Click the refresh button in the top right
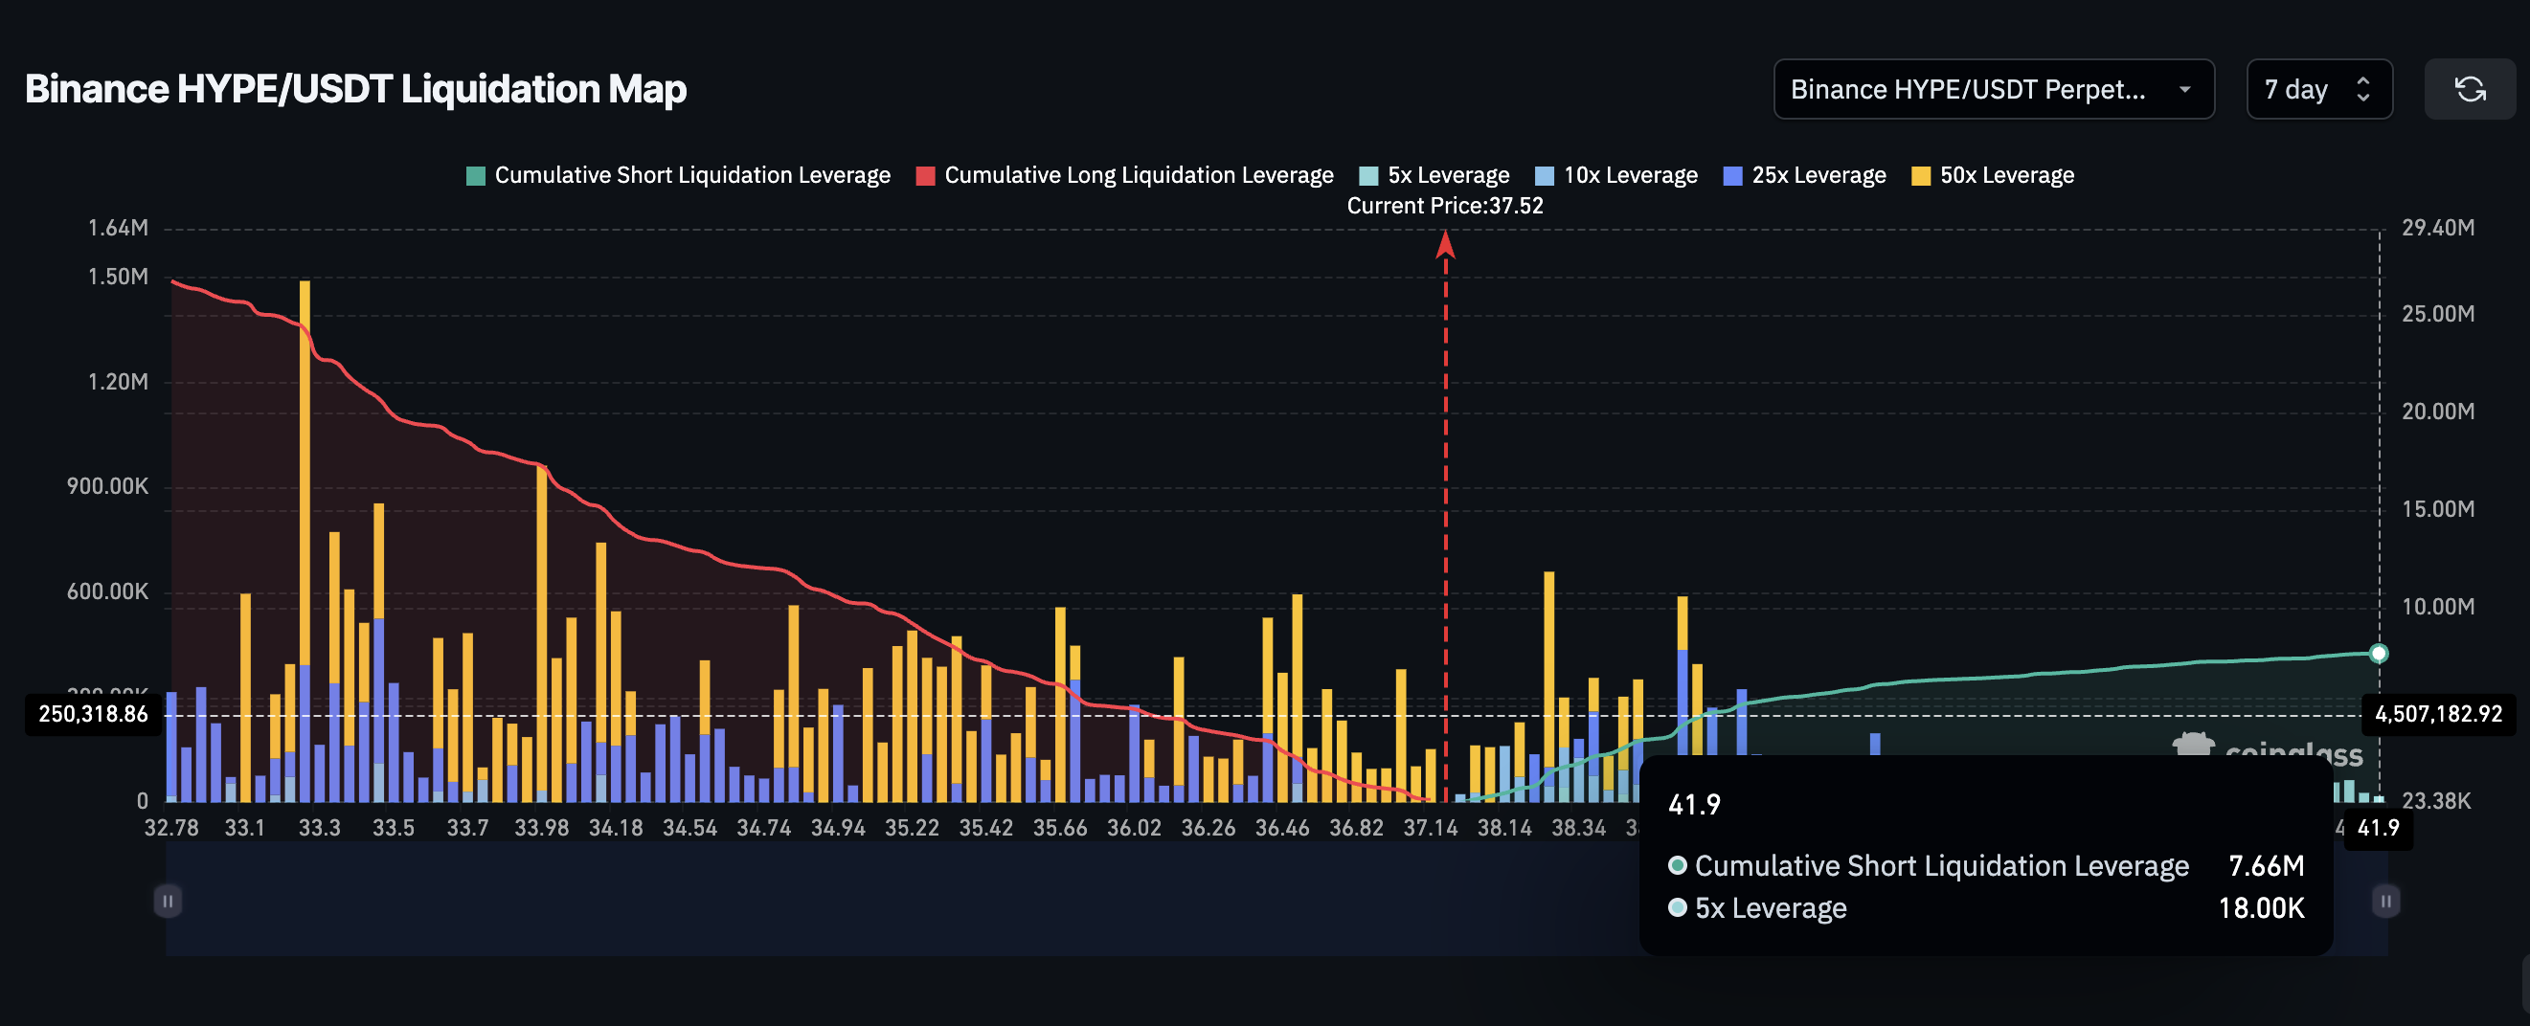click(x=2469, y=89)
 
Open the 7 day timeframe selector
click(x=2317, y=89)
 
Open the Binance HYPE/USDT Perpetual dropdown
click(x=1992, y=89)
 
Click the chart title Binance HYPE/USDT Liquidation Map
click(x=355, y=89)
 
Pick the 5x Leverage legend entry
click(x=1434, y=176)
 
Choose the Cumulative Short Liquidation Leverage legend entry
click(x=679, y=176)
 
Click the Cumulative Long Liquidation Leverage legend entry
click(x=1125, y=176)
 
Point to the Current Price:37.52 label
click(x=1445, y=206)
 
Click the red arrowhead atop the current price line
click(x=1445, y=244)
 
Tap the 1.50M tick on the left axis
click(x=118, y=277)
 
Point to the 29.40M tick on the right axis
click(x=2437, y=228)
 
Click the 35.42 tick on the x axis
click(x=986, y=828)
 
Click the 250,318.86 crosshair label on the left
click(x=93, y=714)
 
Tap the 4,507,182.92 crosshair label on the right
click(x=2438, y=714)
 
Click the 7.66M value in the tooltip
click(x=2265, y=866)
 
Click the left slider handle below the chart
click(x=168, y=901)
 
